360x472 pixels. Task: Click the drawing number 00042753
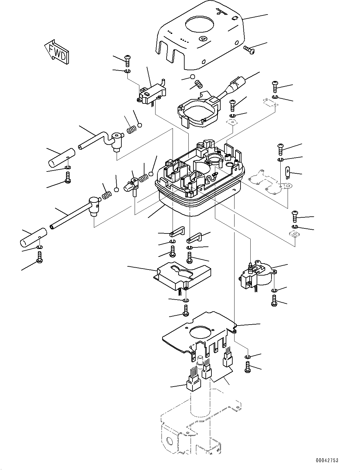click(326, 460)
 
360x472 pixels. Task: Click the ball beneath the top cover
click(192, 77)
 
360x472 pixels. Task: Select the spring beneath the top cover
click(198, 84)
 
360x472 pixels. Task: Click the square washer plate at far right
click(294, 234)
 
